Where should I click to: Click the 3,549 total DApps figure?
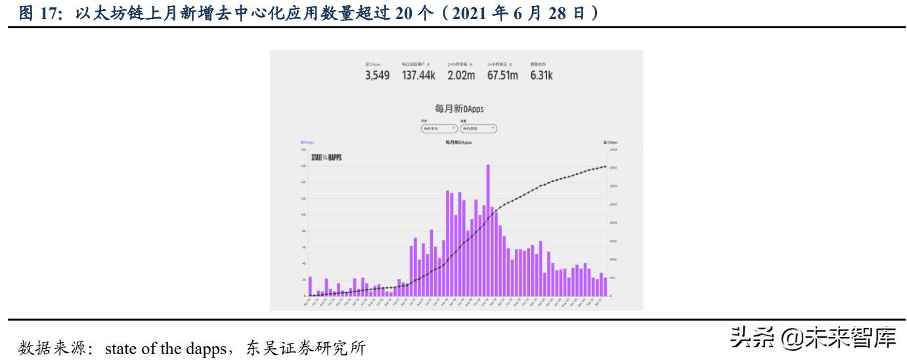point(377,76)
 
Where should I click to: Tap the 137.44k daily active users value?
point(418,76)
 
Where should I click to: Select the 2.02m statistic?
point(460,76)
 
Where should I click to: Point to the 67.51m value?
point(502,76)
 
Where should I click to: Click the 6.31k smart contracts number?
point(542,76)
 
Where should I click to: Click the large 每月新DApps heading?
point(454,108)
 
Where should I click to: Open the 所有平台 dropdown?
point(439,129)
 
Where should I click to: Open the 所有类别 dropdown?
point(477,129)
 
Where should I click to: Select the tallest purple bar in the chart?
point(488,230)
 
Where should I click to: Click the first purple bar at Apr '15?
point(311,286)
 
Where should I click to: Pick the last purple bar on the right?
point(605,287)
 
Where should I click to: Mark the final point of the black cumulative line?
point(605,166)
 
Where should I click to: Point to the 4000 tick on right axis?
point(613,150)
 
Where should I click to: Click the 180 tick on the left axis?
point(304,150)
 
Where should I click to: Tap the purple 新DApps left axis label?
point(307,142)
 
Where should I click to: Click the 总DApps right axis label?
point(610,142)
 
